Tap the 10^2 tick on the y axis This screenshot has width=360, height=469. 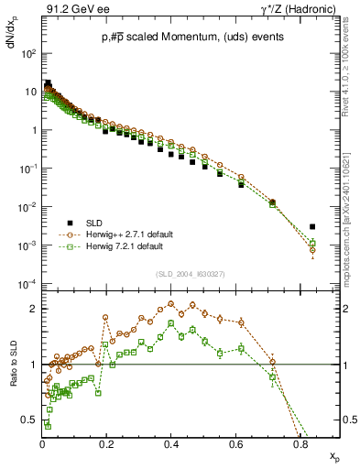28,54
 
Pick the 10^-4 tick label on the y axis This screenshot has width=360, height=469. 27,283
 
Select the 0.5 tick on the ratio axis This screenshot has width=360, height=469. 30,420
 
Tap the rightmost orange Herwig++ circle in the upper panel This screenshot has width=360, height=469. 312,249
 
